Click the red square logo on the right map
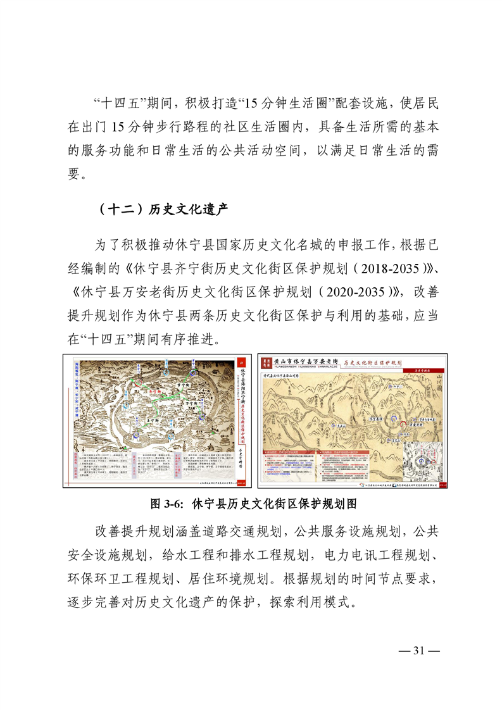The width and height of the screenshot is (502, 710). coord(266,363)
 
